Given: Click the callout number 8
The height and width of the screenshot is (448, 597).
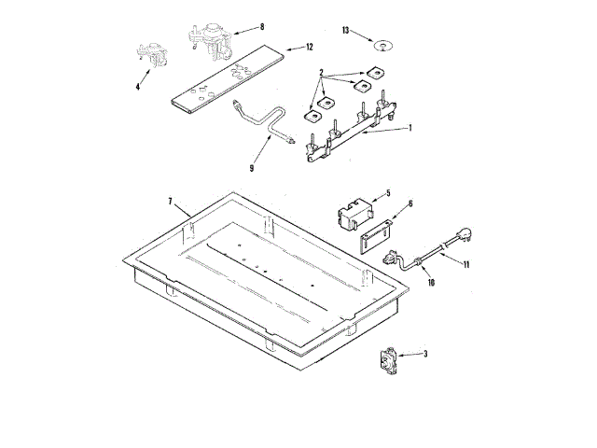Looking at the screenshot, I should click(262, 27).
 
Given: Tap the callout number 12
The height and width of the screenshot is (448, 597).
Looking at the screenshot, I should click(309, 46).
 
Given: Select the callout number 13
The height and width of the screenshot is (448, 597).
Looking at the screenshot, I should click(345, 31).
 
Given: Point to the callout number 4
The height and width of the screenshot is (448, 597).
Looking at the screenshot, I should click(138, 87).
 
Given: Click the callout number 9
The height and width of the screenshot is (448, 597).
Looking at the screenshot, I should click(252, 168).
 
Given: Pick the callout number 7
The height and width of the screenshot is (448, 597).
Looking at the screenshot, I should click(171, 202).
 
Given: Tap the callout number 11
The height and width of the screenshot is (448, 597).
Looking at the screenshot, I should click(466, 264).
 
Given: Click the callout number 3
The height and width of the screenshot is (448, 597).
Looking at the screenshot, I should click(425, 354).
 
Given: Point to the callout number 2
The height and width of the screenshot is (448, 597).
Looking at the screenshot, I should click(321, 72).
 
